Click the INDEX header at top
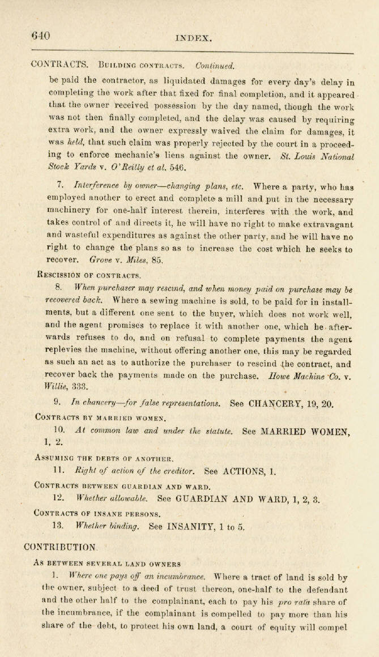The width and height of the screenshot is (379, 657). coord(194,39)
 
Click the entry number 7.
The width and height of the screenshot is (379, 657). coord(60,186)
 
